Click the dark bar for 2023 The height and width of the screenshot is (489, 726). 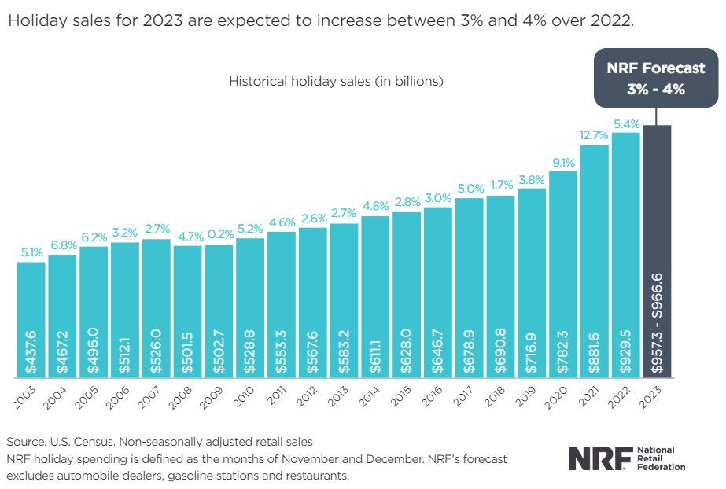click(x=657, y=252)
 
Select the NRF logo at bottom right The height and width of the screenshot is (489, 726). click(x=626, y=458)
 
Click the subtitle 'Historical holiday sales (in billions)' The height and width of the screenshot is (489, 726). click(x=337, y=81)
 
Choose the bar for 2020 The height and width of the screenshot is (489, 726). click(x=563, y=275)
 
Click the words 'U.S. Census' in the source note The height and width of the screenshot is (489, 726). click(x=73, y=442)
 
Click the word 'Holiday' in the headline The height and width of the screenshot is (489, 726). click(x=31, y=21)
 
